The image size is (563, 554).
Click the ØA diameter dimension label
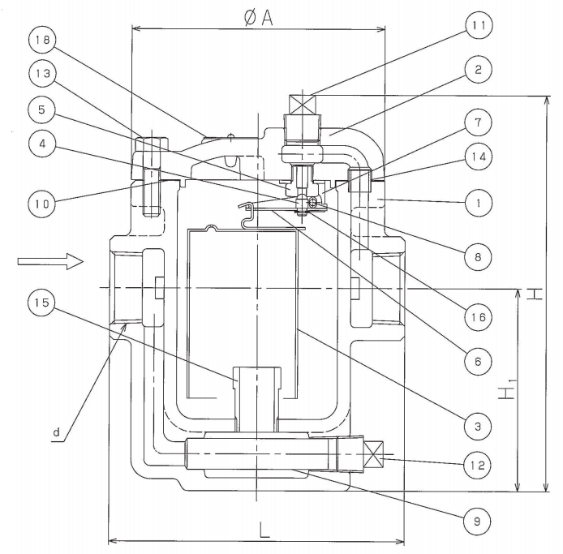pyautogui.click(x=257, y=17)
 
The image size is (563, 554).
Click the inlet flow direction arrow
pyautogui.click(x=49, y=260)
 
